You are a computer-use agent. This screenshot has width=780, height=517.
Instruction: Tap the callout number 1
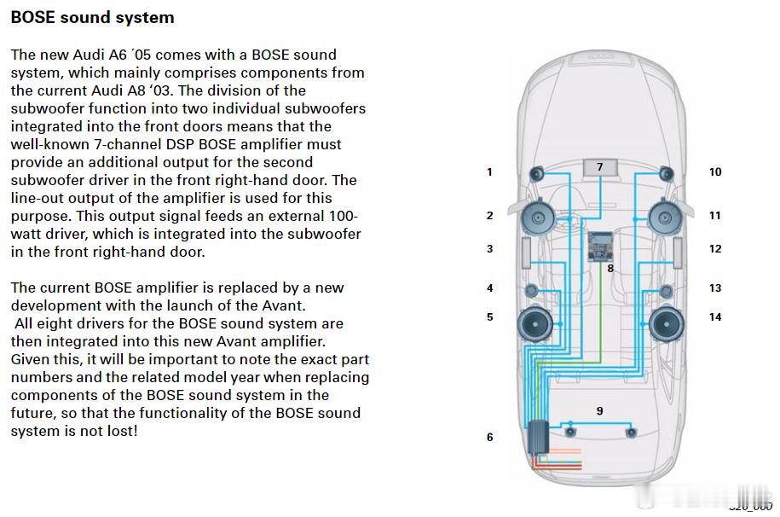point(489,172)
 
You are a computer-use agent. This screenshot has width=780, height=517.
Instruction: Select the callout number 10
point(714,172)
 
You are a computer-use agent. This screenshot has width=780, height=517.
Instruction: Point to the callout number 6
point(489,437)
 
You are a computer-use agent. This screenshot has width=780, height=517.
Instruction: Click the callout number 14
point(714,317)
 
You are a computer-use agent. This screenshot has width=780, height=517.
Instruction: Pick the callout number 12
point(714,249)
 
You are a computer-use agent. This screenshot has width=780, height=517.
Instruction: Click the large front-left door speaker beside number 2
point(539,217)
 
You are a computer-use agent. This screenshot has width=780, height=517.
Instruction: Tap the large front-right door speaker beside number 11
point(665,217)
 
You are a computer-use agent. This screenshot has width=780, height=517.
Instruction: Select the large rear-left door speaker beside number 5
point(537,324)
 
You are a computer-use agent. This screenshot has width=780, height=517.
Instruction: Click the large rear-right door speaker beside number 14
point(667,324)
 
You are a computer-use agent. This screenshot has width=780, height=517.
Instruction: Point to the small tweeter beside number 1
point(537,174)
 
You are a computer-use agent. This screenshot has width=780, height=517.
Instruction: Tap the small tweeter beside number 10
point(666,174)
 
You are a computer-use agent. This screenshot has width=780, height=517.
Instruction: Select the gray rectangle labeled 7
point(600,168)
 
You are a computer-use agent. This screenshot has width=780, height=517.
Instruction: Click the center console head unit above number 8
point(602,247)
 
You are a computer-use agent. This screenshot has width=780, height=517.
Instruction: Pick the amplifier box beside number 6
point(538,437)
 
